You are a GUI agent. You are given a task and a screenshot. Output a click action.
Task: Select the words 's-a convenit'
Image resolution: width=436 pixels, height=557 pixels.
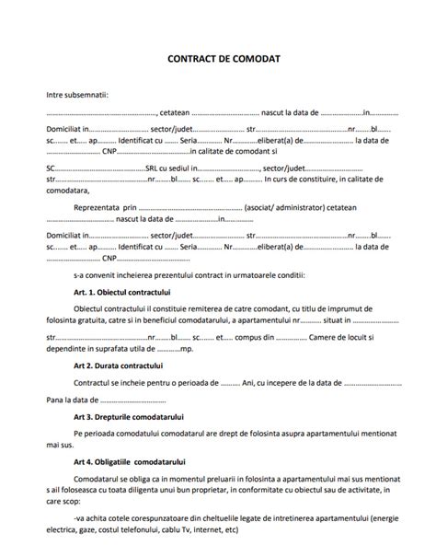tap(98, 274)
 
